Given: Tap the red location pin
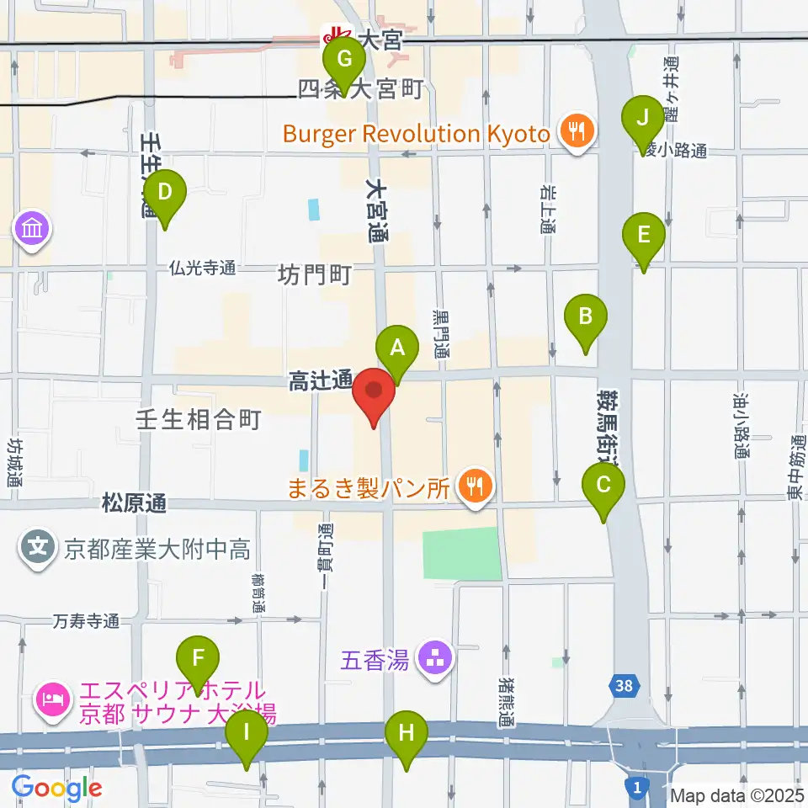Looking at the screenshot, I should (374, 396).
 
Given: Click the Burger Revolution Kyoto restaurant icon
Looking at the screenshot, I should (577, 132).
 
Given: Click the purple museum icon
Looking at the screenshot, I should (33, 228).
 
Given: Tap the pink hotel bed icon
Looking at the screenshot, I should (52, 700).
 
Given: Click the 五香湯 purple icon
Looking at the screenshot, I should (436, 658).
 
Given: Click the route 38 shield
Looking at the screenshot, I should (623, 687).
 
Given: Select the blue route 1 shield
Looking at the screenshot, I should (637, 787).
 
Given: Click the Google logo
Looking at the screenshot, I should (56, 787).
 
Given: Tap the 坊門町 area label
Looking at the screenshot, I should (314, 275).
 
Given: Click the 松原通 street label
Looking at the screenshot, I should (133, 504).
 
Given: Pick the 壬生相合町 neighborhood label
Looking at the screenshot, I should (199, 419).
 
